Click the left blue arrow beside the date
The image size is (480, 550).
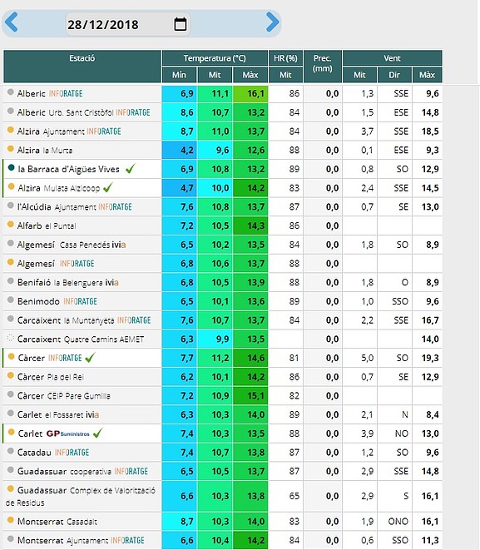pos(11,22)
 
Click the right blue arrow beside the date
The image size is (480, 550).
pos(272,22)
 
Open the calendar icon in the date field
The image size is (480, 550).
pos(181,24)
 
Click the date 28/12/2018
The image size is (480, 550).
pos(103,25)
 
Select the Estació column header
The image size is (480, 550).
pos(82,67)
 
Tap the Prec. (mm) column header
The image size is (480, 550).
pos(323,67)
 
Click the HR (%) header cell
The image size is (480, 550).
pos(285,58)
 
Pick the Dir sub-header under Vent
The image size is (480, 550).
pos(394,75)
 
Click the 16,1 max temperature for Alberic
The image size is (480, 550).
pos(256,94)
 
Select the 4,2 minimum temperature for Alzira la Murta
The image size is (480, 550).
pos(187,151)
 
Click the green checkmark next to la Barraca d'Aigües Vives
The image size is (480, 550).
pos(130,169)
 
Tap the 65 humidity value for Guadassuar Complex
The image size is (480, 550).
pos(294,496)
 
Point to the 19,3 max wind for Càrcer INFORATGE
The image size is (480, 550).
pos(430,358)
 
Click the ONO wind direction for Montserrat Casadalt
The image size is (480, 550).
pos(398,522)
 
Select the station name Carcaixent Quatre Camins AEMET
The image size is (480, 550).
pos(81,339)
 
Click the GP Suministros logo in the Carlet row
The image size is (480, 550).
pos(68,434)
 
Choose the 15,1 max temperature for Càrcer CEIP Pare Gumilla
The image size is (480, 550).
pos(256,396)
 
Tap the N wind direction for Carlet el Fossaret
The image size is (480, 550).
pos(404,415)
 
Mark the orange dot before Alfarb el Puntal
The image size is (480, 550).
pos(11,224)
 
